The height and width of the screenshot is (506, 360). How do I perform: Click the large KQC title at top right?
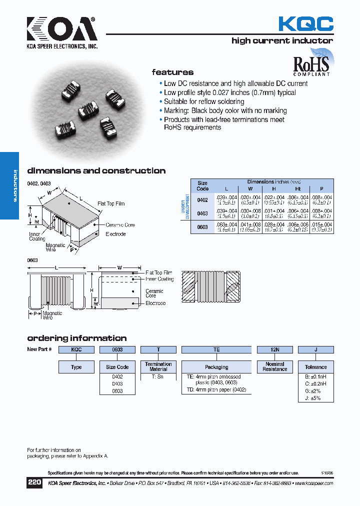pos(305,23)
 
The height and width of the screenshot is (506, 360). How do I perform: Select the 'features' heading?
pos(172,72)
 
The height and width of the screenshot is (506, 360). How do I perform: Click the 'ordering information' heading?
pos(76,338)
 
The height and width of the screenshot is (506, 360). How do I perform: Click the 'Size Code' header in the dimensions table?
pos(202,186)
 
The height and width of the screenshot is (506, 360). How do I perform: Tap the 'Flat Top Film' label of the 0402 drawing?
pos(111,204)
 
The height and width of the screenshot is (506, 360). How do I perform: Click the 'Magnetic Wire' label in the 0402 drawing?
pos(55,247)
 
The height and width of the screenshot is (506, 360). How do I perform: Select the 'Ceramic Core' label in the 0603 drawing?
pos(154,293)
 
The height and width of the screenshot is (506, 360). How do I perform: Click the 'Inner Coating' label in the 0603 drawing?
pos(159,279)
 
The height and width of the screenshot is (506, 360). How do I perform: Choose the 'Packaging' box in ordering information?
pos(216,367)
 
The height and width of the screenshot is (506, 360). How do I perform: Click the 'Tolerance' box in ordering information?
pos(315,367)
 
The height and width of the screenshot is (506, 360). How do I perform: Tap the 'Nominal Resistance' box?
pos(274,367)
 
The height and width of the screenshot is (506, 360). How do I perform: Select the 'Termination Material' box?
pos(158,367)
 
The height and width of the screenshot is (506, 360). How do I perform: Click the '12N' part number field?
pos(274,350)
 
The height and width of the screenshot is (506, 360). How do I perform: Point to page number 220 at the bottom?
pos(34,483)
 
